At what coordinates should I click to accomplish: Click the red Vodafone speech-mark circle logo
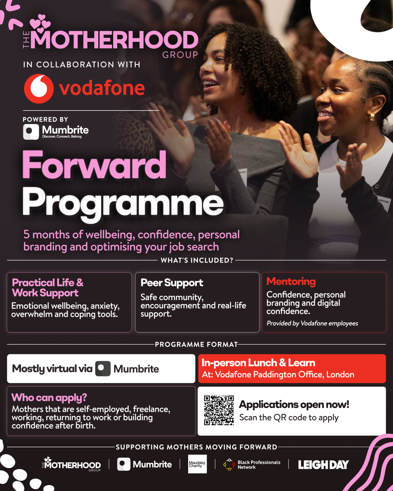(39, 88)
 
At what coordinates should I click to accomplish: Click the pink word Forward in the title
(94, 165)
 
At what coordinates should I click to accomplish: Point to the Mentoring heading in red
(291, 282)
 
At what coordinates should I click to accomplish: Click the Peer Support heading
(172, 283)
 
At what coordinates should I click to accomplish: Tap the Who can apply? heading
(49, 398)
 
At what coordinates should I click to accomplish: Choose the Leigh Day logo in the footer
(323, 465)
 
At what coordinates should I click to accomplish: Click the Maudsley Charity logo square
(197, 464)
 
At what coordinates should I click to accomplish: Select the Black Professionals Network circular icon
(229, 464)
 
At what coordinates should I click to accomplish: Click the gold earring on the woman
(372, 117)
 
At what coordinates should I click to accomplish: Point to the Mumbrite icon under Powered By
(31, 132)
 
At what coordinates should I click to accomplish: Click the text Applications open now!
(294, 405)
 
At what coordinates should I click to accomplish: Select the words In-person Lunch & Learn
(258, 363)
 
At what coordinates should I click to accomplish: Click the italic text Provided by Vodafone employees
(312, 323)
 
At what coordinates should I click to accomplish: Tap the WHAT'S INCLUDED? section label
(197, 260)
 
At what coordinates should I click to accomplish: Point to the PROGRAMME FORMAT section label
(196, 344)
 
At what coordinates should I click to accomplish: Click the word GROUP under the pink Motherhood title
(180, 55)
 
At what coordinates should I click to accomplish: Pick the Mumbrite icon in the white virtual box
(103, 368)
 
